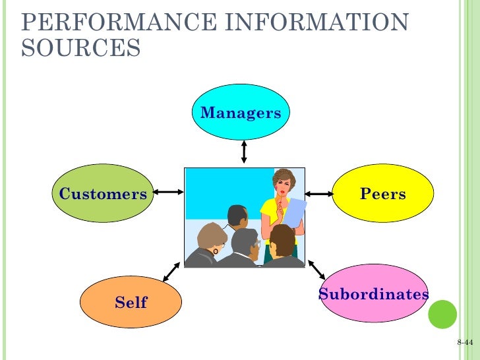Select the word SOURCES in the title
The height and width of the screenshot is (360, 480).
tap(80, 47)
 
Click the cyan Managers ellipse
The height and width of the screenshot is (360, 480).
tap(241, 113)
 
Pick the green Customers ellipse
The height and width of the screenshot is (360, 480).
tap(102, 194)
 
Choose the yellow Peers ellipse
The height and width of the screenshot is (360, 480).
tap(382, 194)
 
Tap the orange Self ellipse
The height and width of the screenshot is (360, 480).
tap(131, 303)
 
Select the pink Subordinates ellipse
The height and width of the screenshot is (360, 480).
tap(373, 295)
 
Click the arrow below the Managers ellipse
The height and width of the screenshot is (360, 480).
tap(244, 151)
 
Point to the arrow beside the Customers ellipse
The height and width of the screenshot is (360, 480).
tap(169, 193)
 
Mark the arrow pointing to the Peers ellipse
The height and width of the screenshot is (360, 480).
tap(320, 194)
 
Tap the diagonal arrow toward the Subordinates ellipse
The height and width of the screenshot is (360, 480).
tap(316, 269)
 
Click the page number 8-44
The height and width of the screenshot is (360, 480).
tap(465, 344)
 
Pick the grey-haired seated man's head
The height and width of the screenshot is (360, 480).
tap(212, 237)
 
